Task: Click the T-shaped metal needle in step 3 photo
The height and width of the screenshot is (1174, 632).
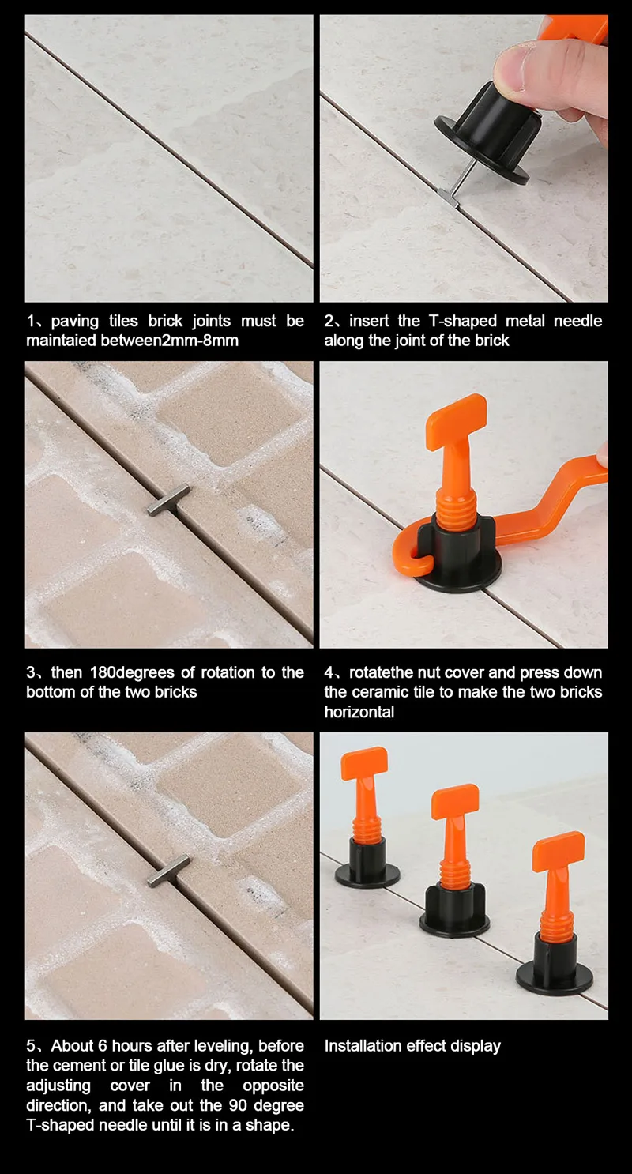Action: pyautogui.click(x=167, y=500)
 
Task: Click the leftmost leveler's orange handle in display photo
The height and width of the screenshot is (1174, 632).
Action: pyautogui.click(x=364, y=763)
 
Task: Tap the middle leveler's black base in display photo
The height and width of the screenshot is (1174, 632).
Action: pyautogui.click(x=454, y=910)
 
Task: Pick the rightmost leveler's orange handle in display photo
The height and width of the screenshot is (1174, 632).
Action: pyautogui.click(x=559, y=851)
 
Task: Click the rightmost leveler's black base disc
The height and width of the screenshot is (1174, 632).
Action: pyautogui.click(x=555, y=976)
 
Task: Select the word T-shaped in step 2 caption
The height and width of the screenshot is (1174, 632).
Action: pyautogui.click(x=463, y=321)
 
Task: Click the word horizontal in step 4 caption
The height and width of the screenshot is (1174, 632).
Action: pyautogui.click(x=359, y=712)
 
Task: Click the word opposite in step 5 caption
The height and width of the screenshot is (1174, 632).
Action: pyautogui.click(x=273, y=1086)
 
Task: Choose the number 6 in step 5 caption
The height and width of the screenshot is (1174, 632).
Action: pyautogui.click(x=102, y=1045)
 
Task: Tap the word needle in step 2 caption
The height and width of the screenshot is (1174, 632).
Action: pyautogui.click(x=578, y=321)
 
